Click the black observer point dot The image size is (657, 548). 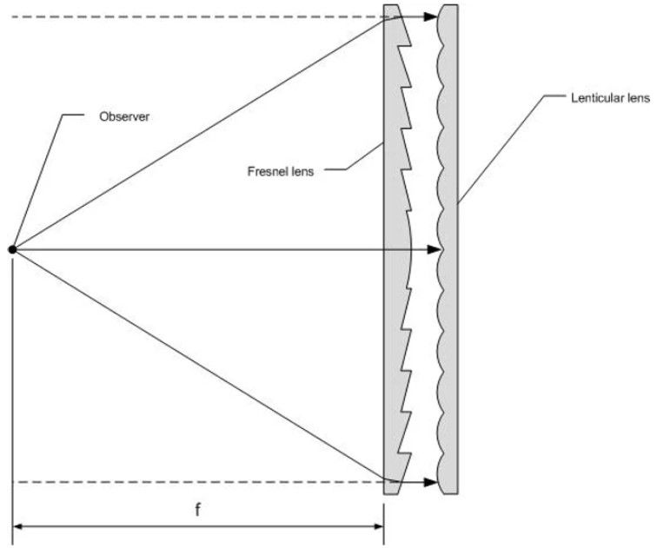click(x=12, y=249)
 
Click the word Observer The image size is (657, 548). click(x=124, y=116)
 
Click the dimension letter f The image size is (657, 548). click(x=198, y=510)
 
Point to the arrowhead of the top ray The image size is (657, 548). click(x=431, y=17)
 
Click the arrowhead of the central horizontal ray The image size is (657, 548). click(x=434, y=249)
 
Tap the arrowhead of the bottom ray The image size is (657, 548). click(x=431, y=482)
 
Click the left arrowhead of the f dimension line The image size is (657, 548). click(x=19, y=526)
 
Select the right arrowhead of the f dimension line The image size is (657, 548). click(x=377, y=526)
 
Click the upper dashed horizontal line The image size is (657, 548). click(x=198, y=17)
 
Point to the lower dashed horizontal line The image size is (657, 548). click(x=198, y=482)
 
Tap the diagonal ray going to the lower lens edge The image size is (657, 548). click(x=199, y=364)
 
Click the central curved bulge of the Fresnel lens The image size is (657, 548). click(x=410, y=249)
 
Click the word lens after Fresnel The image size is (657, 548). click(x=302, y=171)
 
